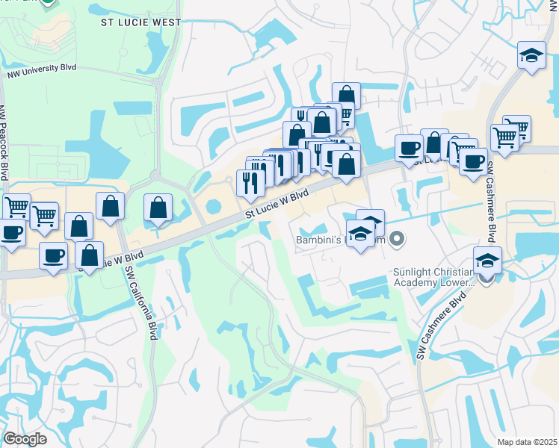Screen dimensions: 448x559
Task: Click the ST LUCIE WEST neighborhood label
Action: coord(140,22)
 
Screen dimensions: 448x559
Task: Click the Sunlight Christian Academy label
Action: coord(433,278)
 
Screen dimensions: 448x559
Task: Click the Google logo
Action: coord(25,439)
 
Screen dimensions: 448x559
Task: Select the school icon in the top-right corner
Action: coord(531,56)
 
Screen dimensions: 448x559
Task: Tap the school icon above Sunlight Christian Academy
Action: coord(487,260)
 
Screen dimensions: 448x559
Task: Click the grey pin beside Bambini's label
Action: coord(398,239)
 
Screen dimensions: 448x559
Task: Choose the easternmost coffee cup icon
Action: coord(473,161)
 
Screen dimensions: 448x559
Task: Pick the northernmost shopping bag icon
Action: coord(346,95)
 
